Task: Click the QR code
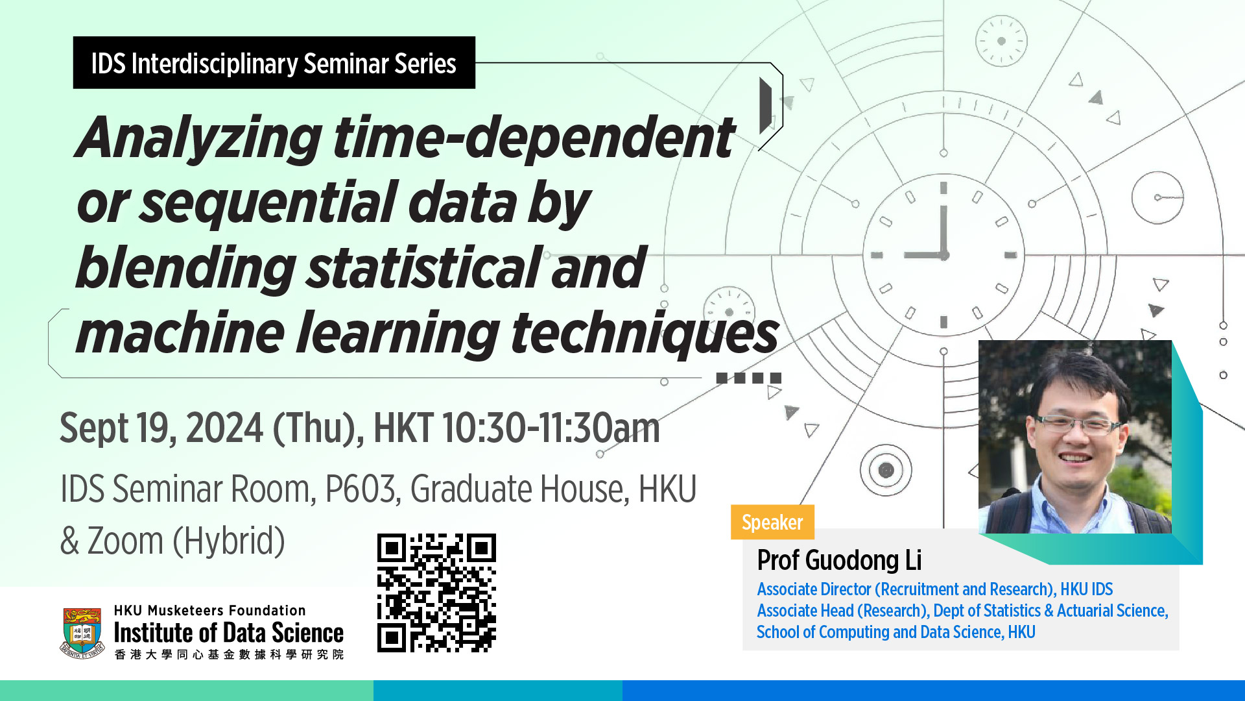point(436,593)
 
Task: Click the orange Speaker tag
point(772,523)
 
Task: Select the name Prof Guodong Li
point(839,560)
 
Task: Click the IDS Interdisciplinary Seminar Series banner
point(274,63)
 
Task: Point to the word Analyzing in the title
point(198,138)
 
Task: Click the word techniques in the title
point(645,334)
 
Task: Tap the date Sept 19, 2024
point(161,429)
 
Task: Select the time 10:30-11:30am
point(551,428)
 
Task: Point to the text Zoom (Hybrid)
point(186,541)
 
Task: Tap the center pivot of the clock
point(944,255)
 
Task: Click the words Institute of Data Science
point(229,633)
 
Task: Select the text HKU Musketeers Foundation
point(209,611)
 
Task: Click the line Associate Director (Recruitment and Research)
point(906,589)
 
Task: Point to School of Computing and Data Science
point(880,632)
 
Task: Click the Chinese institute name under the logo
point(229,654)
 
